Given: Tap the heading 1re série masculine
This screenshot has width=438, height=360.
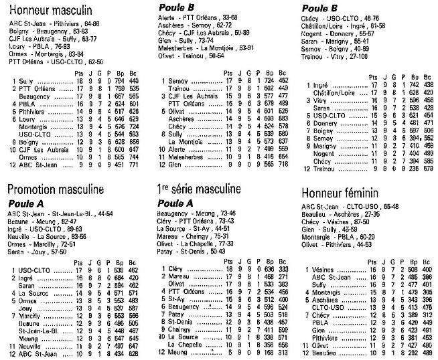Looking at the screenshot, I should coord(198,188).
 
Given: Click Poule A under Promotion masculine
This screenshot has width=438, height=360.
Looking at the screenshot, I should coord(29,203).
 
